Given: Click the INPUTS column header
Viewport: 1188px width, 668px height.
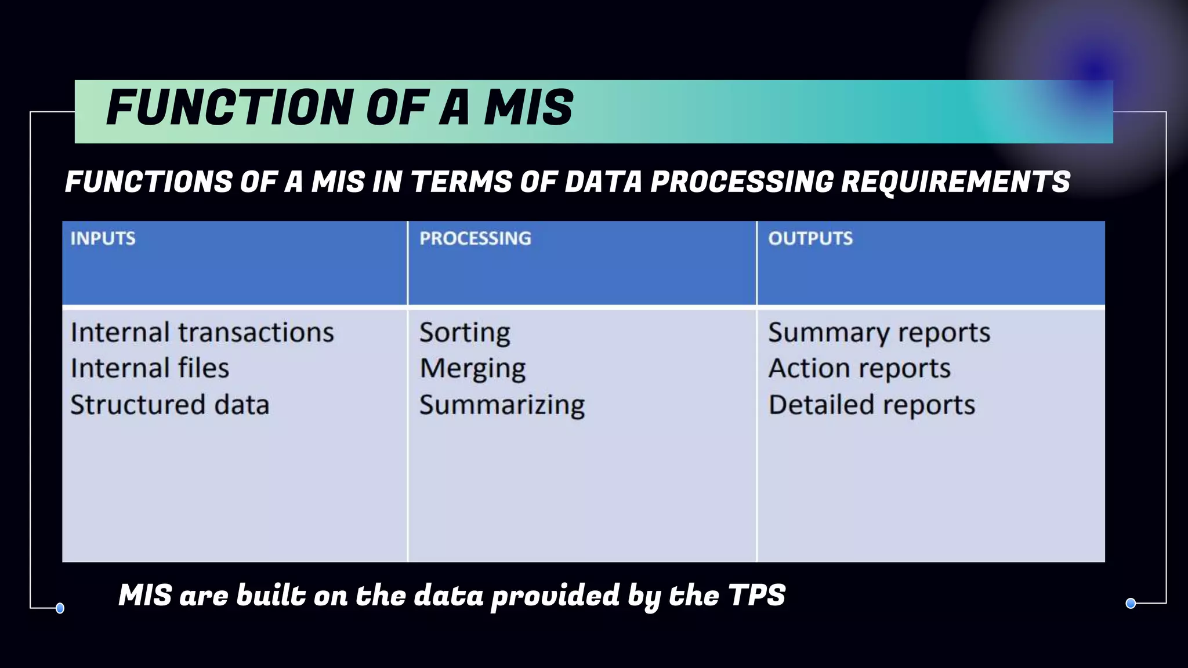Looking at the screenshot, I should [103, 238].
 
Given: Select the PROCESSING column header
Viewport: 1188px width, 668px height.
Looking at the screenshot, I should [475, 238].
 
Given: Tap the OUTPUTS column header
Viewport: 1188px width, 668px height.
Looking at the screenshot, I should [810, 238].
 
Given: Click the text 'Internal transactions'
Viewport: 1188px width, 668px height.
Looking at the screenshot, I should [202, 333].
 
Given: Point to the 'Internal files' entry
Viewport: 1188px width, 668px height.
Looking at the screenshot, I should [150, 369].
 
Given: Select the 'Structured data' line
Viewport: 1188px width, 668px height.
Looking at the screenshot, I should [169, 405].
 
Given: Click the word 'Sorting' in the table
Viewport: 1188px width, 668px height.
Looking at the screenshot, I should [465, 333].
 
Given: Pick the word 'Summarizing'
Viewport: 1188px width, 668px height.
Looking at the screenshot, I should [502, 405].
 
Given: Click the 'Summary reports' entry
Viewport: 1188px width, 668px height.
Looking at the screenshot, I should [879, 333].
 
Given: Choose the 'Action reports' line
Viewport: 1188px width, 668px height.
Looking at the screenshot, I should [859, 369].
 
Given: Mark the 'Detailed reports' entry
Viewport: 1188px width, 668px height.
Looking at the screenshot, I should [871, 405].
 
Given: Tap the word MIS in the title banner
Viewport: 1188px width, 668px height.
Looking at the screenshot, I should [528, 108].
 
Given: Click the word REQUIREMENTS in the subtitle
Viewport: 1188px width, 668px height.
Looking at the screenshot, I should [955, 181].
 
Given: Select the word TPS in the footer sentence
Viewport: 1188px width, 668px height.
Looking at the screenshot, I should [756, 596].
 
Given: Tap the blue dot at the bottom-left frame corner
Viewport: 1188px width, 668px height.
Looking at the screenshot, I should [60, 608].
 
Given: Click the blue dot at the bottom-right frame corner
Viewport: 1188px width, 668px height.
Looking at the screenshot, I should [1131, 604].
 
